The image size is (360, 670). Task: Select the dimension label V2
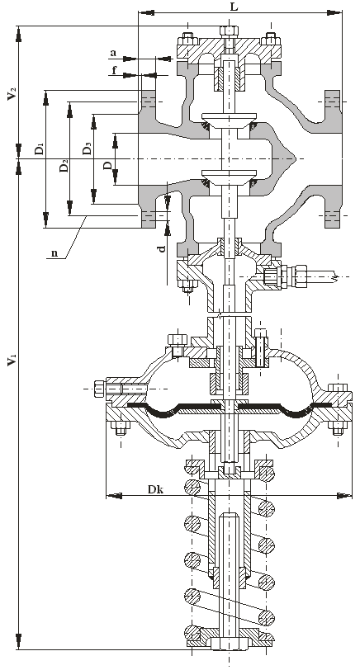click(12, 94)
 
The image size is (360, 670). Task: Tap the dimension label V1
click(12, 360)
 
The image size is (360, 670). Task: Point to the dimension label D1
click(40, 149)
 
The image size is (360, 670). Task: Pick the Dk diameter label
click(155, 489)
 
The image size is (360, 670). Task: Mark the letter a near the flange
click(113, 53)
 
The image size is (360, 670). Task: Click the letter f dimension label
click(114, 69)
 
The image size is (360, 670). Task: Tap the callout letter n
click(54, 253)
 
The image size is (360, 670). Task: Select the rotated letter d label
click(162, 248)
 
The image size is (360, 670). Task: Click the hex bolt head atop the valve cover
click(230, 31)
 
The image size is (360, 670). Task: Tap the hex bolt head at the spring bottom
click(230, 644)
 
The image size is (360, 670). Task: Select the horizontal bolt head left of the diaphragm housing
click(99, 389)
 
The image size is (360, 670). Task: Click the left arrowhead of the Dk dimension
click(113, 496)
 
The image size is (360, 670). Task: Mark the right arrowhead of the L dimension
click(334, 13)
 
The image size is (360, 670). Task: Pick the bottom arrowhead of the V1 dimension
click(18, 642)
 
